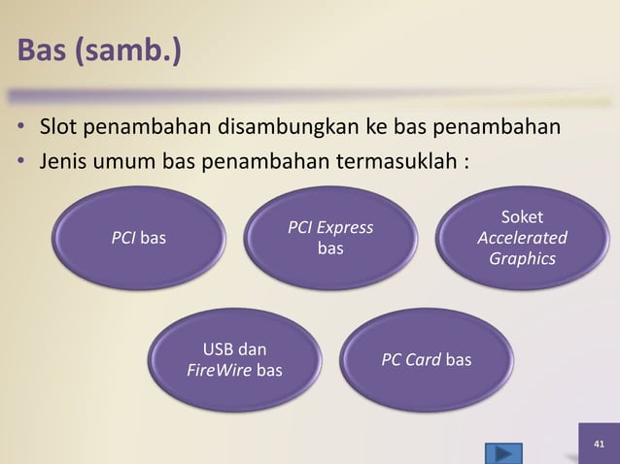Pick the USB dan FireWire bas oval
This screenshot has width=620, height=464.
coord(234,359)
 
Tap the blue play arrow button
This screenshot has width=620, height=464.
coord(501,453)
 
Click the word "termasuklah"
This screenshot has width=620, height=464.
coord(396,158)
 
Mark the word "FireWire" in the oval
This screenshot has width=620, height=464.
coord(219,370)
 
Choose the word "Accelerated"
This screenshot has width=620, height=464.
coord(523,239)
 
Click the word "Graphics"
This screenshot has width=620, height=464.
coord(523,259)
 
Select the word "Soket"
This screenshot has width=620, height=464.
coord(523,218)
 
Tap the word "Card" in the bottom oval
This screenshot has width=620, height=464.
coord(424,360)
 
